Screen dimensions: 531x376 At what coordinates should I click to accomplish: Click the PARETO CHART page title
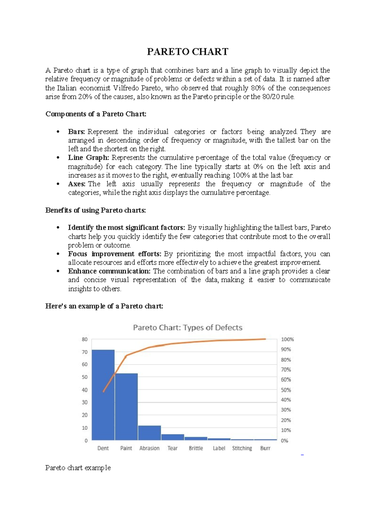(x=188, y=52)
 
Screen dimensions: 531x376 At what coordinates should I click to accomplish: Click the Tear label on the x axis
(x=172, y=448)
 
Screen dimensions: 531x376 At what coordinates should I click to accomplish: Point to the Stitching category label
(x=242, y=448)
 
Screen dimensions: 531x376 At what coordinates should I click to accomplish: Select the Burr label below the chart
(x=265, y=448)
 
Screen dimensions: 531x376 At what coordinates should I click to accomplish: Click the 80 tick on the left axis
(x=85, y=339)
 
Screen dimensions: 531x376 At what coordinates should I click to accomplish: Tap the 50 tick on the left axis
(x=85, y=377)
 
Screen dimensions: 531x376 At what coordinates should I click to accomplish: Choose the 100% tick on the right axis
(x=287, y=339)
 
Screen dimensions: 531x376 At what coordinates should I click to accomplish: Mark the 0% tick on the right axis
(x=285, y=441)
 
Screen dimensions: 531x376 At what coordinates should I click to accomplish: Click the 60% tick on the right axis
(x=286, y=380)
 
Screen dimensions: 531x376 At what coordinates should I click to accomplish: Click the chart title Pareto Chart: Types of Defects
(x=188, y=328)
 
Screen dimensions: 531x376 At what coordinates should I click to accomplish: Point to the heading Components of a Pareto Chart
(x=96, y=114)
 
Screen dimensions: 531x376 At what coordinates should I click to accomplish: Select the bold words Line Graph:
(x=89, y=158)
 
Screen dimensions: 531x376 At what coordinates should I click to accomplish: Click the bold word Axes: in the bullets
(x=77, y=184)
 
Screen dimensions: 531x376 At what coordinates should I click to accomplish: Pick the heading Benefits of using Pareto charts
(x=96, y=210)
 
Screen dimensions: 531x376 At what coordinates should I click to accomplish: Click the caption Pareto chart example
(x=78, y=468)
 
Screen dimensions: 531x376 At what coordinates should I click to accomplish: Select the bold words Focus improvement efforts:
(x=115, y=254)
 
